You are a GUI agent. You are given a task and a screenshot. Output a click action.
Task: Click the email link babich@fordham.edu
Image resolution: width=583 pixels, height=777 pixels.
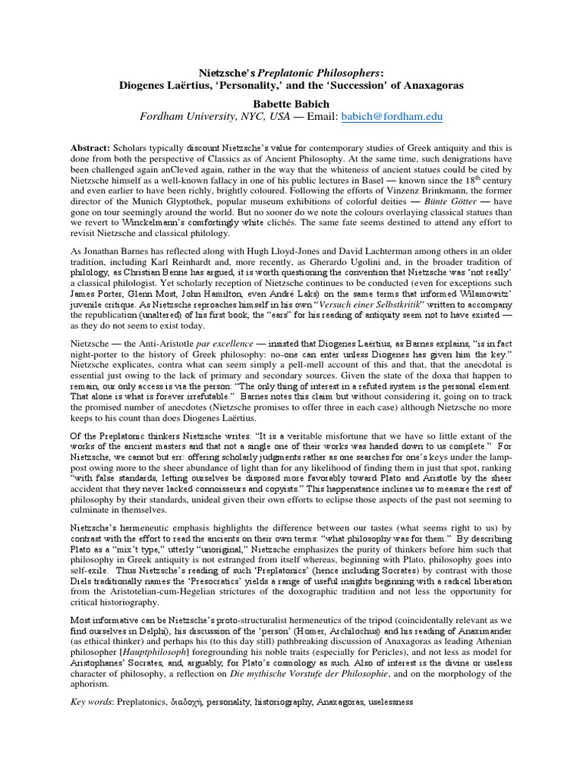coord(391,117)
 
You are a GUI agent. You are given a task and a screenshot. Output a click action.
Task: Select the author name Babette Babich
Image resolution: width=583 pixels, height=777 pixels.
coord(291,100)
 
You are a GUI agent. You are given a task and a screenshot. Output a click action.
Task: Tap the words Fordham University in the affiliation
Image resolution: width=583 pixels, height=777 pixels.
coord(193,117)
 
